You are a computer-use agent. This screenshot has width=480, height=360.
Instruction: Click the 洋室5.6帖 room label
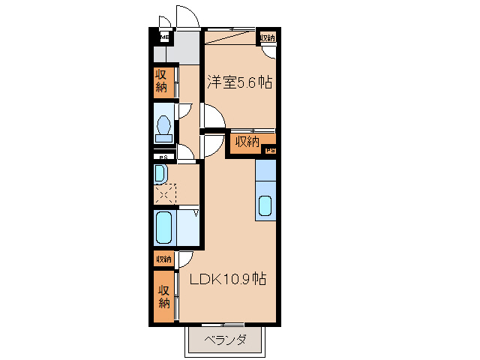(x=239, y=83)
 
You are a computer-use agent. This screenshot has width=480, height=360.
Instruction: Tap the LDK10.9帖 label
(x=227, y=280)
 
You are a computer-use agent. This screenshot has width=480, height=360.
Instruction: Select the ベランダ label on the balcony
(x=225, y=340)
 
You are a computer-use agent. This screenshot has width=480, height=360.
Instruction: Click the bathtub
(x=165, y=228)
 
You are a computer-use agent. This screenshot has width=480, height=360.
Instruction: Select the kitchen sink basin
(x=265, y=205)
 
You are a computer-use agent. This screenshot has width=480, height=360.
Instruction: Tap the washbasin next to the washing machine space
(x=160, y=175)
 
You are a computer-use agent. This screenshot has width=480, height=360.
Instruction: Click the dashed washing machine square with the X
(x=164, y=194)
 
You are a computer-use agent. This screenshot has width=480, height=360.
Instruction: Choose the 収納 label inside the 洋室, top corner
(x=266, y=37)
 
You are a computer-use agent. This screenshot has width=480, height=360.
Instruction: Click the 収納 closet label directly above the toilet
(x=161, y=82)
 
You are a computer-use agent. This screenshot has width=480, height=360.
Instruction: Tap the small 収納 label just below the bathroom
(x=163, y=259)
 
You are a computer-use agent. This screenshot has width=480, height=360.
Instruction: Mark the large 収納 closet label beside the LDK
(x=163, y=296)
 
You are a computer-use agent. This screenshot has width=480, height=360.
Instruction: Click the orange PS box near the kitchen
(x=270, y=151)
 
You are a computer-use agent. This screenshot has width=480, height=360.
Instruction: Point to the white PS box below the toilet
(x=162, y=157)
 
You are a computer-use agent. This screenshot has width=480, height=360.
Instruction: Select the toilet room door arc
(x=185, y=110)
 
